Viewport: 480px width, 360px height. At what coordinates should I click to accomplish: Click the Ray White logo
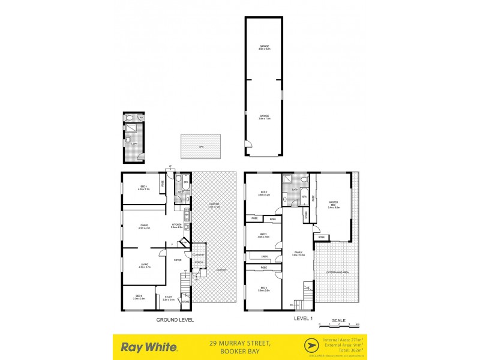149,346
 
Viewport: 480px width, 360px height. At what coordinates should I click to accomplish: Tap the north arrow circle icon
312,346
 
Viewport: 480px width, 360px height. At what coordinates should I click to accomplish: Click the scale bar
339,323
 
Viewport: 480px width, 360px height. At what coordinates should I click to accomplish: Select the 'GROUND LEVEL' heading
175,319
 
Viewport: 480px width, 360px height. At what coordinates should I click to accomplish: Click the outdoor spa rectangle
200,146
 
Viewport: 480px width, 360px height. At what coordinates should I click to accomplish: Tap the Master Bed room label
334,204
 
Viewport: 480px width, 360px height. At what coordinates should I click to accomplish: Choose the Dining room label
144,226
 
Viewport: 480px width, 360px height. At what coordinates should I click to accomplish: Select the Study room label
169,298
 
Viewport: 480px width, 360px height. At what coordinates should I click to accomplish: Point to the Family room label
298,253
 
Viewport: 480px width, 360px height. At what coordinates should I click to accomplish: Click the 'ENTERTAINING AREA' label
337,272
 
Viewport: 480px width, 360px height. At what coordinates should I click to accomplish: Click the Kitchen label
176,226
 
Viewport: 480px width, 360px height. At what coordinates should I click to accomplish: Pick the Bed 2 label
263,193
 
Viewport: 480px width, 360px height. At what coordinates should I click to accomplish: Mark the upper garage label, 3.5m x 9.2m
264,47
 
